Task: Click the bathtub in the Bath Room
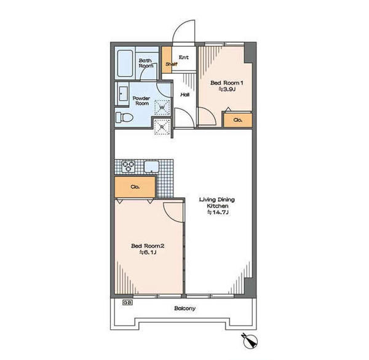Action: (x=125, y=63)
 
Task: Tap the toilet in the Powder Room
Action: (x=124, y=117)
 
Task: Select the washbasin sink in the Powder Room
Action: (x=123, y=93)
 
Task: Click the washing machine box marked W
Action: (x=162, y=108)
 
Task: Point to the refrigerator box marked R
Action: (x=162, y=127)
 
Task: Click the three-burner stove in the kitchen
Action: (x=129, y=166)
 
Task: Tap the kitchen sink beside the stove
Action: (x=151, y=166)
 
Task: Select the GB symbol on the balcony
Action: (x=127, y=303)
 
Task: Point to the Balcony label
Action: (x=184, y=308)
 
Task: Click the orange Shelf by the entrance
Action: (x=167, y=60)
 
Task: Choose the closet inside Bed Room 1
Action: (x=237, y=120)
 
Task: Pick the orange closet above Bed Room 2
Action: (x=135, y=187)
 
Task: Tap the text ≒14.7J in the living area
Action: (x=218, y=213)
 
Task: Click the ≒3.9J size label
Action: (x=227, y=89)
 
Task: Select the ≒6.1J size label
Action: (x=148, y=252)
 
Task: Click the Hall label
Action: (x=185, y=95)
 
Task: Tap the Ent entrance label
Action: (x=184, y=57)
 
